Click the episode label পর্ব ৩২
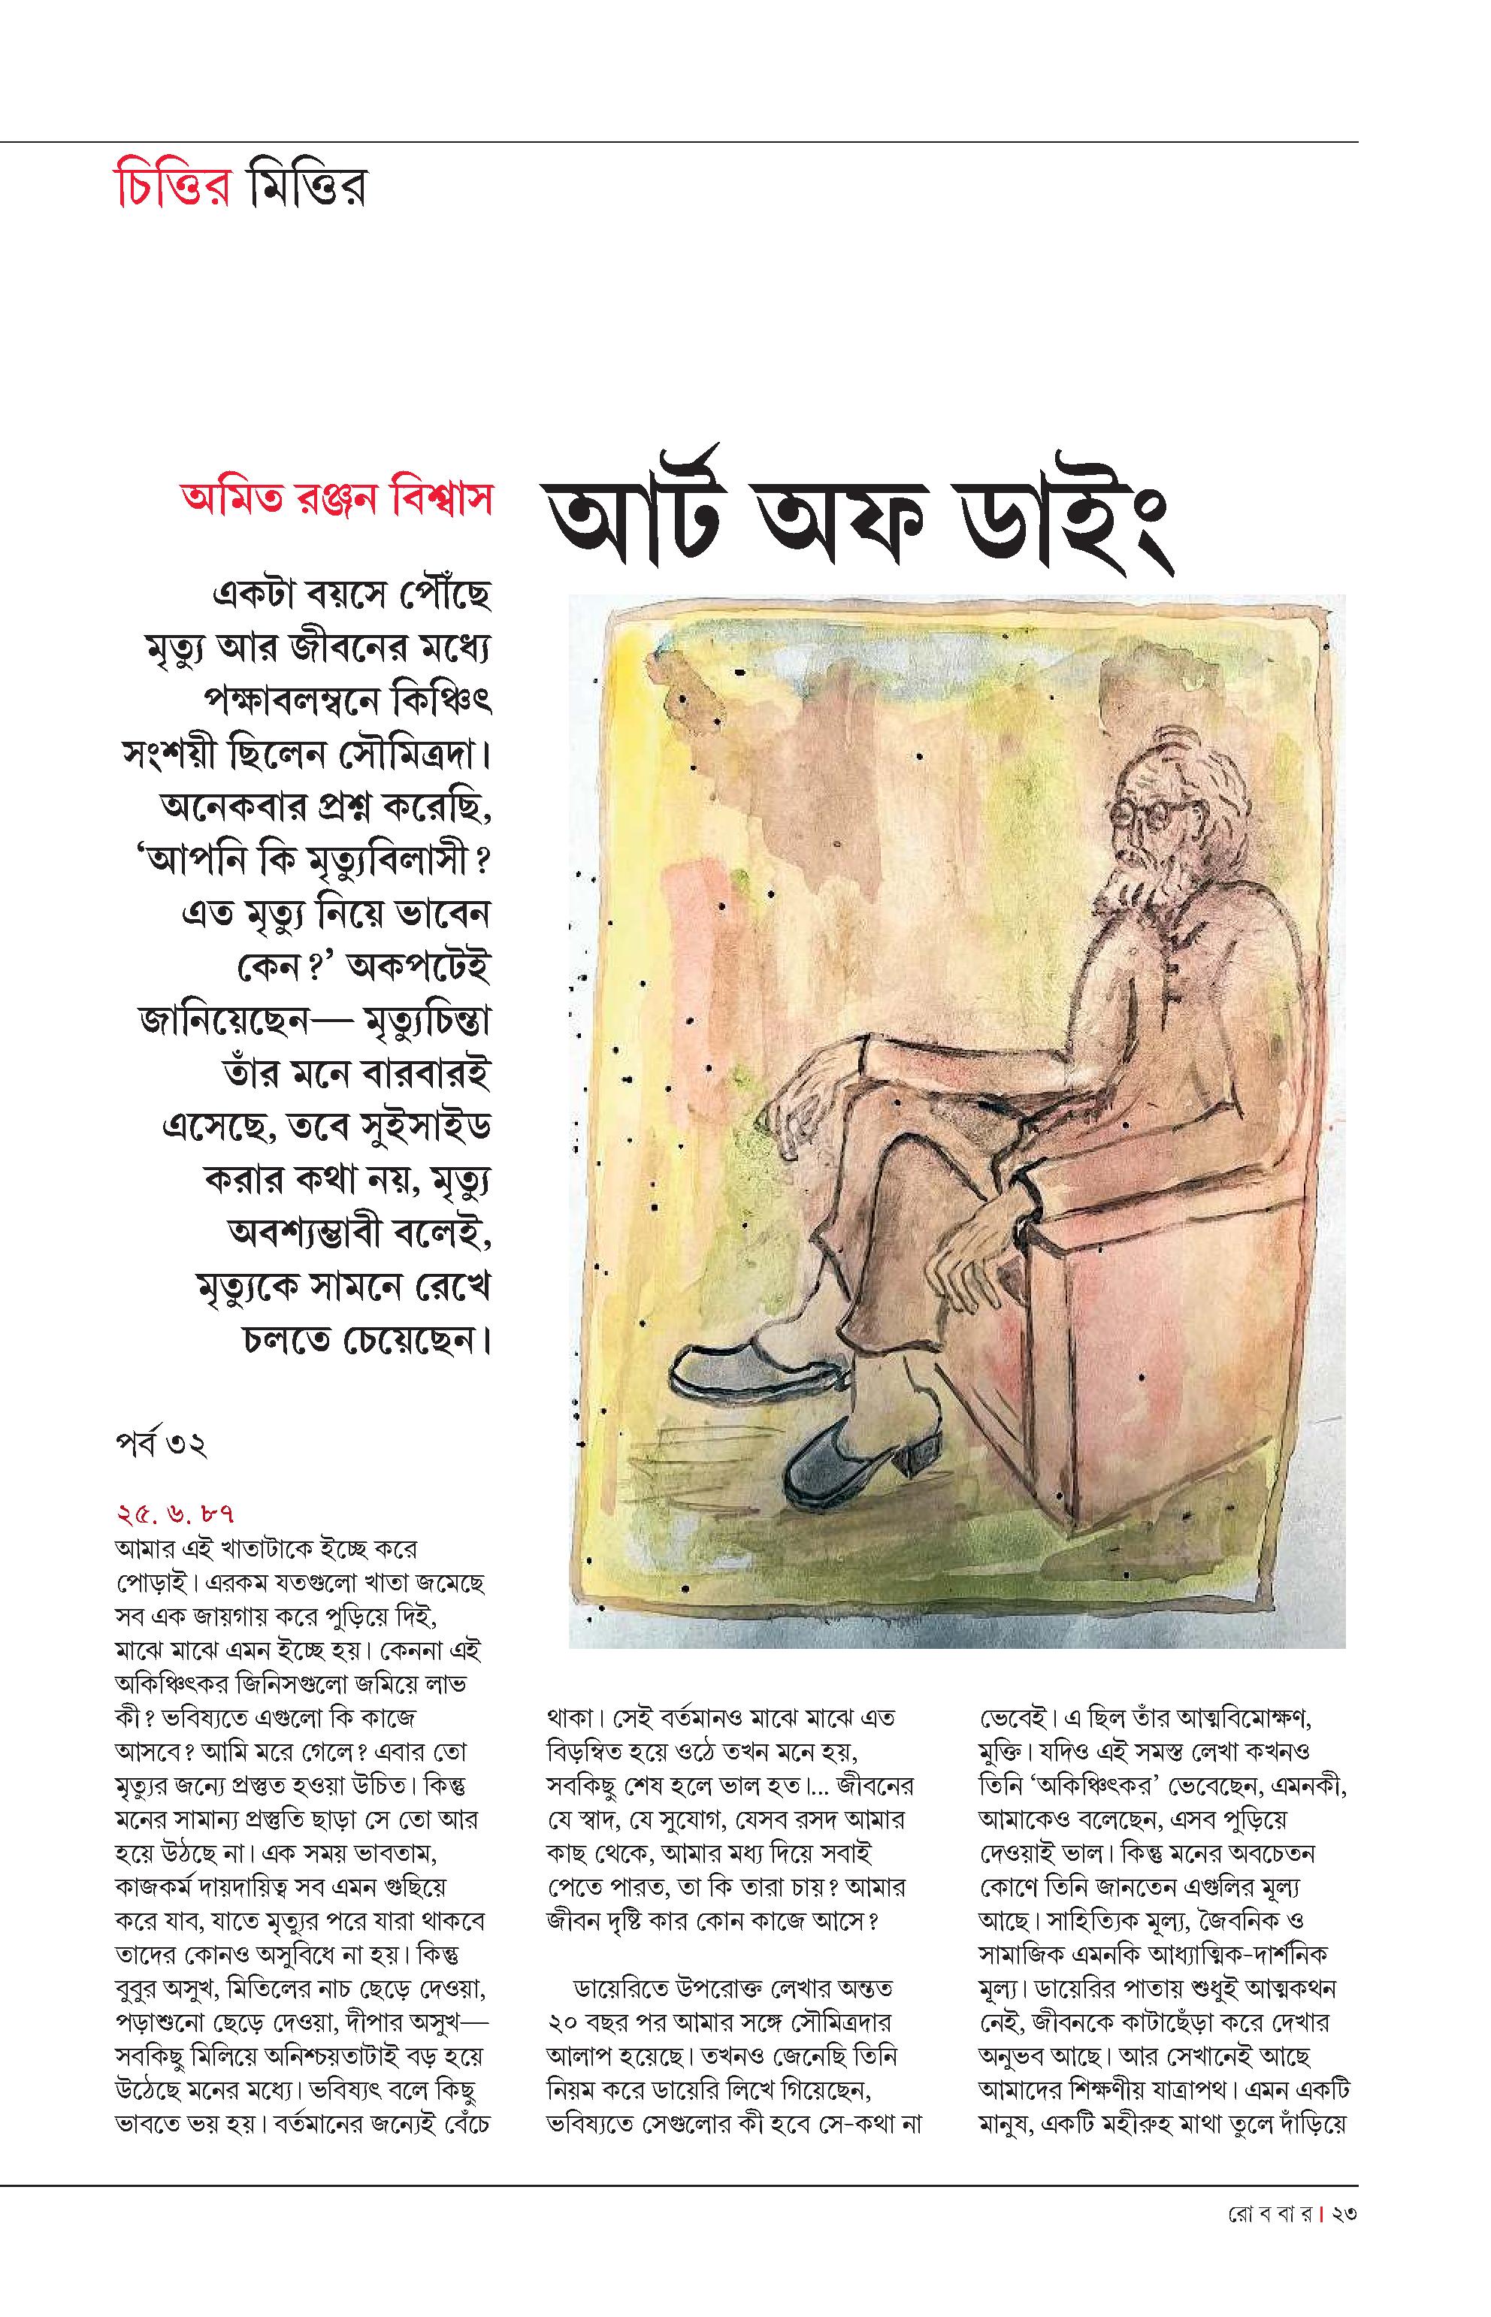(160, 1445)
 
